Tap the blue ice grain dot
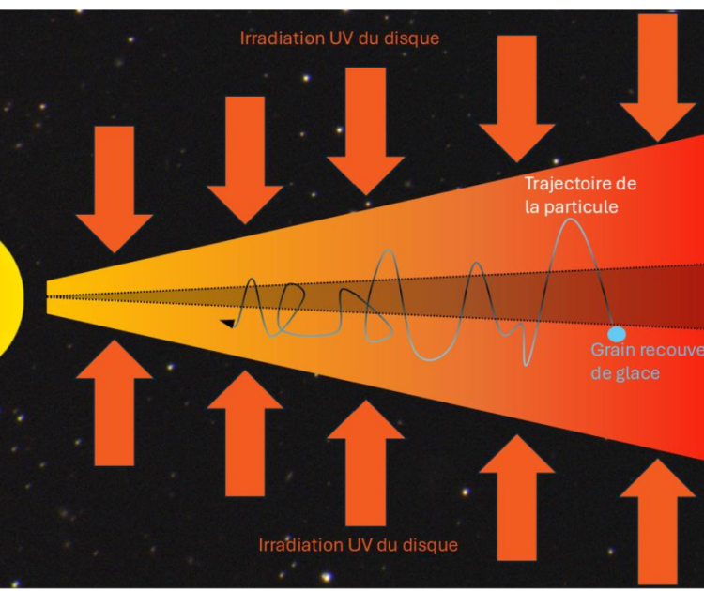point(617,334)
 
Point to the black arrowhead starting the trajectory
point(227,323)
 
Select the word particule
point(585,206)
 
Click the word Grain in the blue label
point(612,351)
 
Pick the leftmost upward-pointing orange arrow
point(115,403)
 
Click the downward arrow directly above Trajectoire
point(517,98)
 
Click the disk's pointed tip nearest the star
point(49,297)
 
